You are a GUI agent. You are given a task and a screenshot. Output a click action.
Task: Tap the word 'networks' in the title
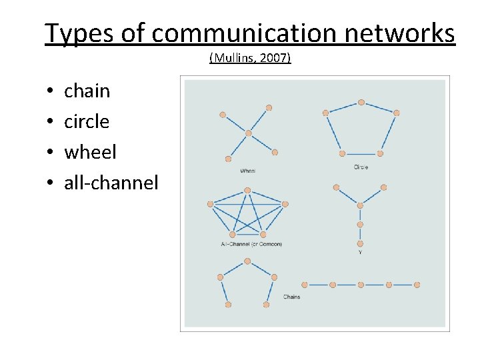(403, 33)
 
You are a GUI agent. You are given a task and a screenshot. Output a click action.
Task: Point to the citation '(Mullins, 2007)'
(250, 58)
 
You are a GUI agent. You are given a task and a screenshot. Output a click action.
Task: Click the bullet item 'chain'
(87, 91)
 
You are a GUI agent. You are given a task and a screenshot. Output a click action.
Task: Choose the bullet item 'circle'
(86, 121)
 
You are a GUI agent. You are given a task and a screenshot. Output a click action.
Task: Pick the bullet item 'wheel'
(90, 152)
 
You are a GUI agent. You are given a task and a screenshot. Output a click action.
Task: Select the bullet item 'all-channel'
(111, 183)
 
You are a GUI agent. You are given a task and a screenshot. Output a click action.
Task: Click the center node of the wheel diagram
(248, 133)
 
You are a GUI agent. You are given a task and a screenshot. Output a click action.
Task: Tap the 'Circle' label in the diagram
(361, 167)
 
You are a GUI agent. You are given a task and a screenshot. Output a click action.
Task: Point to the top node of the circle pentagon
(361, 103)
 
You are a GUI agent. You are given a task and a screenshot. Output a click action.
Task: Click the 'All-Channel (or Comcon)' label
(251, 244)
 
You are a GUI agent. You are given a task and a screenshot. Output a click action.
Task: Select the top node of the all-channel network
(247, 191)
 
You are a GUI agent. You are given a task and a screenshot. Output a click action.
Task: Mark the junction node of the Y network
(360, 205)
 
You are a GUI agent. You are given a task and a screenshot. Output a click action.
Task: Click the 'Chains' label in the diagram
(291, 297)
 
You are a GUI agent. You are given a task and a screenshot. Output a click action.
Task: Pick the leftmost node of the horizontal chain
(305, 285)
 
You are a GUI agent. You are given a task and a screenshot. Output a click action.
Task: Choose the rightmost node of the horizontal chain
(417, 285)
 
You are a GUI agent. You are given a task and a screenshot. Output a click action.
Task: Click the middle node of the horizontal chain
(361, 285)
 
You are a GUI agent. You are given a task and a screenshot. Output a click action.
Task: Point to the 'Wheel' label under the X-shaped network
(247, 171)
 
